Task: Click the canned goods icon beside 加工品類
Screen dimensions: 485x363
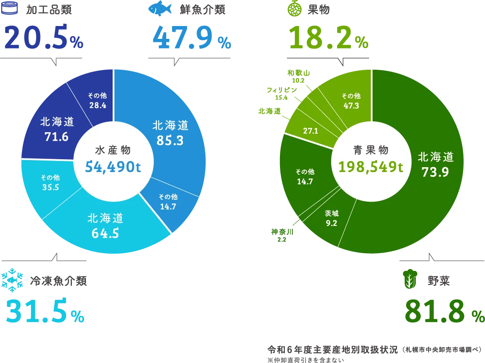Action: pos(9,8)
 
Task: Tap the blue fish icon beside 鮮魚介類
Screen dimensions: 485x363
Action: pos(160,8)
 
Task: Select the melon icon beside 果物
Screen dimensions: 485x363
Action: pos(295,8)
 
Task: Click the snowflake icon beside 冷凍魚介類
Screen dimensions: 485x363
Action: pos(12,280)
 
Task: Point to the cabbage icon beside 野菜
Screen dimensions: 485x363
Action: pos(410,279)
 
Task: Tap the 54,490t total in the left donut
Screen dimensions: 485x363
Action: pos(113,167)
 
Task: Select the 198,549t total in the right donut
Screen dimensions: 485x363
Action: pos(370,167)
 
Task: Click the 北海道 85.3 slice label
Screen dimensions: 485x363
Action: pos(170,133)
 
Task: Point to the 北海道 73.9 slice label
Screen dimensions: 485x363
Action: pos(436,165)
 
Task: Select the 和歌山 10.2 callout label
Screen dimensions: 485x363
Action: pos(298,76)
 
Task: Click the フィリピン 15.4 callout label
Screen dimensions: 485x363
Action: pos(281,94)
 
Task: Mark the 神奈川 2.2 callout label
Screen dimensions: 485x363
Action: pos(282,235)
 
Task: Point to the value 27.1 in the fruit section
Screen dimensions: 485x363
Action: pos(310,131)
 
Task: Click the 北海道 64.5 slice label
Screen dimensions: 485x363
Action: pos(105,226)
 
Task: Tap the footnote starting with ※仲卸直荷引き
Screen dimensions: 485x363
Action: pos(306,360)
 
